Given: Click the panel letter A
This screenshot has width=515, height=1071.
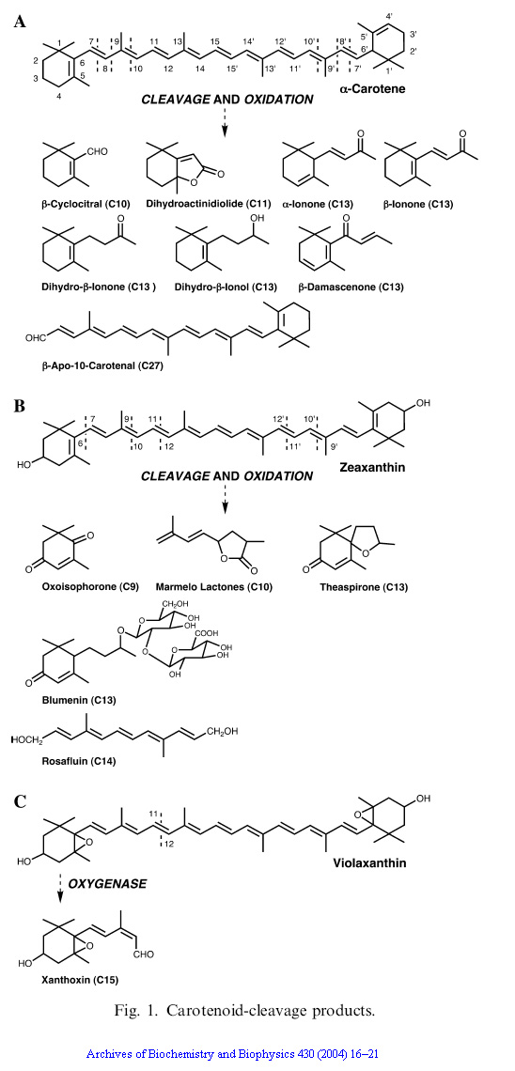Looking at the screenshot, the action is click(21, 22).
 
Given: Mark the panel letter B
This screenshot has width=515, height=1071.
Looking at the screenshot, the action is click(21, 406).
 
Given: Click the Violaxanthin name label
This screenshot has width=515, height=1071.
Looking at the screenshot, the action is click(369, 862).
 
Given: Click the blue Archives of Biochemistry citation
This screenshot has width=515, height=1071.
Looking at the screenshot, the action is click(237, 1055).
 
